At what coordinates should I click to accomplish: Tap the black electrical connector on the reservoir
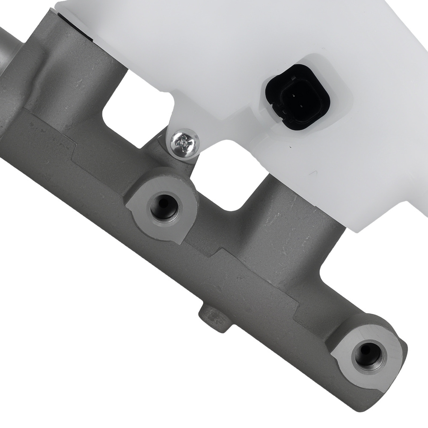297,97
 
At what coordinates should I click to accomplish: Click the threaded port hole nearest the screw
164,207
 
